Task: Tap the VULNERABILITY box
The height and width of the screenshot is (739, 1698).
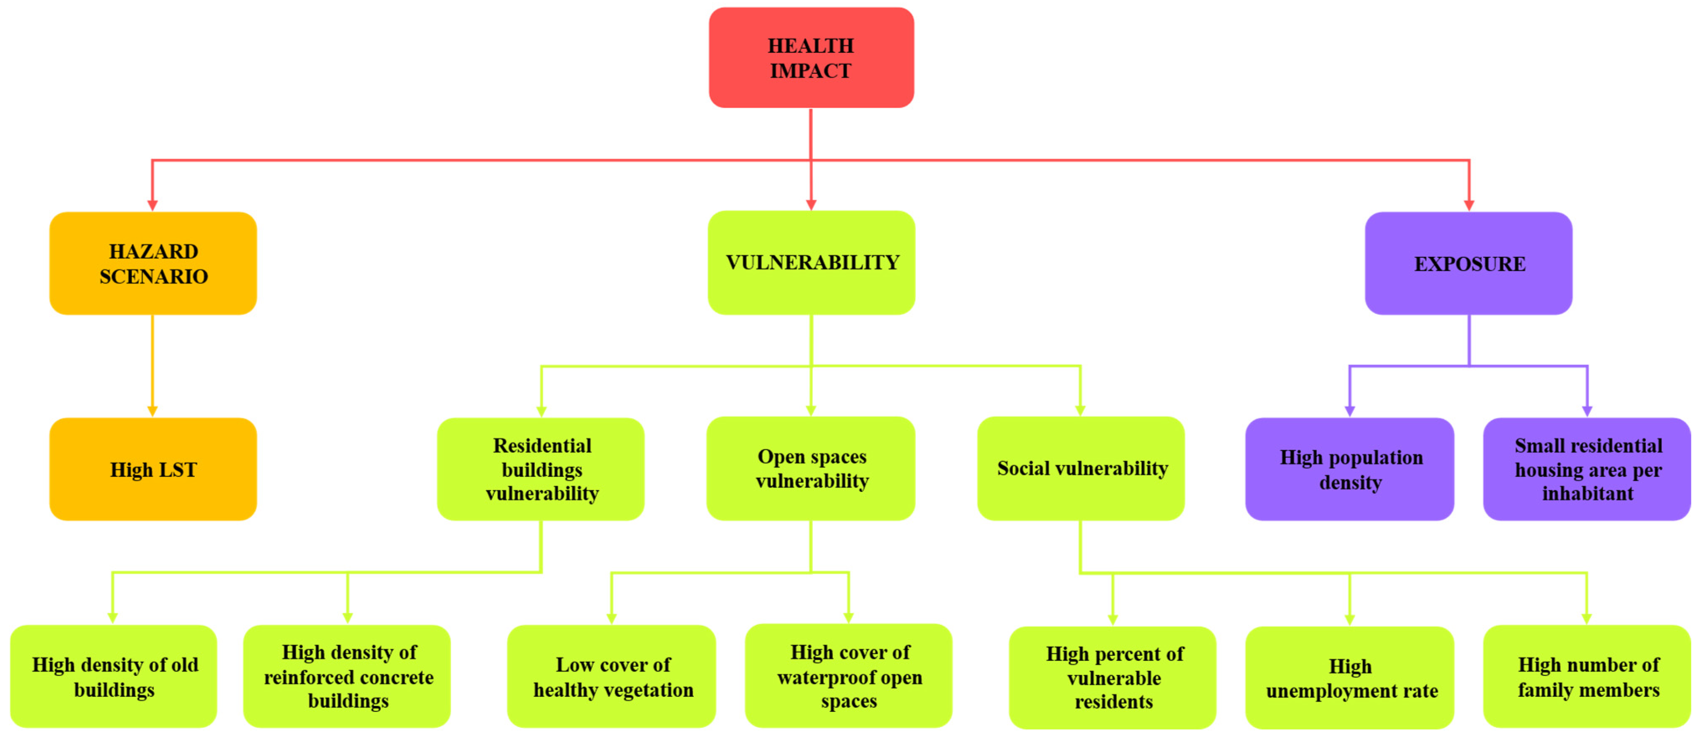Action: [x=811, y=262]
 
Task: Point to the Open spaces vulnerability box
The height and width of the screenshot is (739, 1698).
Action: [x=811, y=468]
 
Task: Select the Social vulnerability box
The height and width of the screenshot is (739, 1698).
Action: [x=1081, y=468]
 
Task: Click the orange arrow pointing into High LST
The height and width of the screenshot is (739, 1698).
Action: [x=153, y=410]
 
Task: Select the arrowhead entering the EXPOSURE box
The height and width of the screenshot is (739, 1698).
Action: [x=1468, y=205]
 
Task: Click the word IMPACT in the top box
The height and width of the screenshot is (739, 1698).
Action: [x=811, y=71]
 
